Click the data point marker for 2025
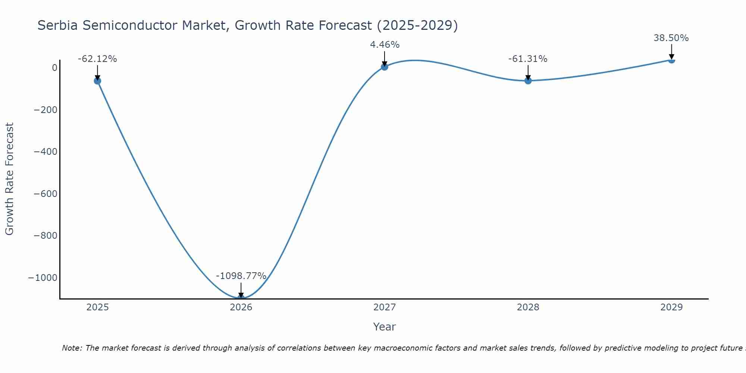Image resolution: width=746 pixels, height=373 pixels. (x=97, y=81)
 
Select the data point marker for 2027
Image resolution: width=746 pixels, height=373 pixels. (x=385, y=67)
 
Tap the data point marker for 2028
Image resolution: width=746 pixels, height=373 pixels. (x=528, y=80)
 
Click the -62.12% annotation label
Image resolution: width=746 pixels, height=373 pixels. (x=97, y=59)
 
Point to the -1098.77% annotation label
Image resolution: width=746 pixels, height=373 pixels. (x=241, y=276)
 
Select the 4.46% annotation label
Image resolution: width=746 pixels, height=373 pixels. (x=385, y=45)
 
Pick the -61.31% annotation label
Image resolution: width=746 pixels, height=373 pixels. (x=528, y=59)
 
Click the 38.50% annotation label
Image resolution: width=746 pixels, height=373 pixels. (x=671, y=38)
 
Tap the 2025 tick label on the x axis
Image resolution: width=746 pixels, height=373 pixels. (x=97, y=307)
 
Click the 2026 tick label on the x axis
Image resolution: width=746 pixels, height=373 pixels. (x=241, y=307)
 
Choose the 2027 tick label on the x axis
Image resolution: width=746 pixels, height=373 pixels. (x=385, y=307)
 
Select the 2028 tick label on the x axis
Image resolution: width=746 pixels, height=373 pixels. (x=528, y=307)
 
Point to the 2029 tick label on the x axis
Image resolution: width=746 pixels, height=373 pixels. (x=671, y=307)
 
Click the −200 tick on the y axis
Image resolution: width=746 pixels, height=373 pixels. (x=46, y=110)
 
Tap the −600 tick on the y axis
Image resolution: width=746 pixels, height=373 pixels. (x=46, y=194)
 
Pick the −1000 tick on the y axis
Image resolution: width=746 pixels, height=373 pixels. (x=43, y=278)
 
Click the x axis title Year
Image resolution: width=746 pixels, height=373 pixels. (x=384, y=327)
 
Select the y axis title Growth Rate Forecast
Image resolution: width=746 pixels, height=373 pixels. (x=9, y=179)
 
